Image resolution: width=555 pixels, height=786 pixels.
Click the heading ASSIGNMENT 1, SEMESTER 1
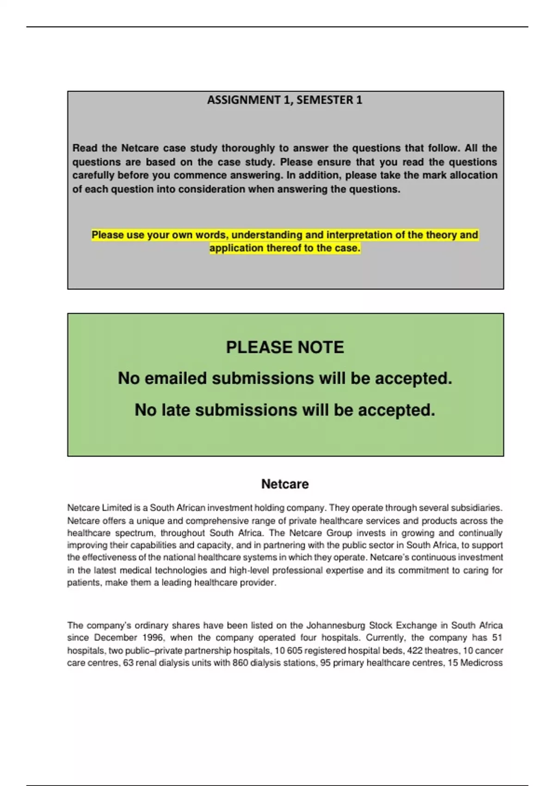pyautogui.click(x=284, y=100)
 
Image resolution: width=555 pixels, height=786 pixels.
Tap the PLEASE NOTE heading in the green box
pyautogui.click(x=285, y=347)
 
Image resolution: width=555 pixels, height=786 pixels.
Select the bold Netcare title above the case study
pyautogui.click(x=285, y=484)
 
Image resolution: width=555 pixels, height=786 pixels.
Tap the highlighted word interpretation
pyautogui.click(x=359, y=235)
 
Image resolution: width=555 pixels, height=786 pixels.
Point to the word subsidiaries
pyautogui.click(x=480, y=508)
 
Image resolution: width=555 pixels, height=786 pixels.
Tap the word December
pyautogui.click(x=115, y=638)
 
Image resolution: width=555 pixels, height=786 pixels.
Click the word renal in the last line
pyautogui.click(x=145, y=663)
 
